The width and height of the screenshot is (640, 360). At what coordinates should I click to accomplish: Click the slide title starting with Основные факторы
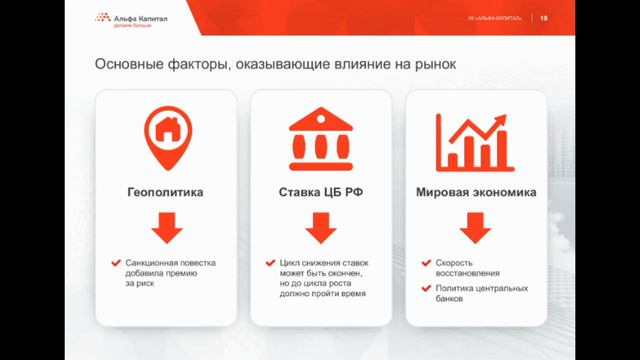(x=275, y=65)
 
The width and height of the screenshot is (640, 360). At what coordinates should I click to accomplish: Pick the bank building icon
(x=320, y=140)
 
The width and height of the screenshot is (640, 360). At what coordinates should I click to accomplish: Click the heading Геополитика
(x=167, y=193)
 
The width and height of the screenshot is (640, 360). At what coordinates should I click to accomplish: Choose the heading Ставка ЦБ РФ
(x=320, y=193)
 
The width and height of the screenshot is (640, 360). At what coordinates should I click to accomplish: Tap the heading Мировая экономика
(x=475, y=193)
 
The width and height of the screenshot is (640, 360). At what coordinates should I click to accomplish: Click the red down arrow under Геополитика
(x=167, y=228)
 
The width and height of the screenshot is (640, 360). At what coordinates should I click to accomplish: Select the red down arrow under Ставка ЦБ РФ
(x=320, y=228)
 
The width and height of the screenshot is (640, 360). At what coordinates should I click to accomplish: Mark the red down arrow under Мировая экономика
(x=475, y=228)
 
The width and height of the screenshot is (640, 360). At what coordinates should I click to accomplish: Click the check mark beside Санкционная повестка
(x=117, y=263)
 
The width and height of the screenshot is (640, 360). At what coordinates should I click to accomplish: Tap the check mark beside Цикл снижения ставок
(x=270, y=263)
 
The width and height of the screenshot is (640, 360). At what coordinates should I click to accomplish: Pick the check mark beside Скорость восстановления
(x=425, y=263)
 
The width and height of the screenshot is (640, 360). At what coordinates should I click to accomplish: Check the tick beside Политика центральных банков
(x=425, y=289)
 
